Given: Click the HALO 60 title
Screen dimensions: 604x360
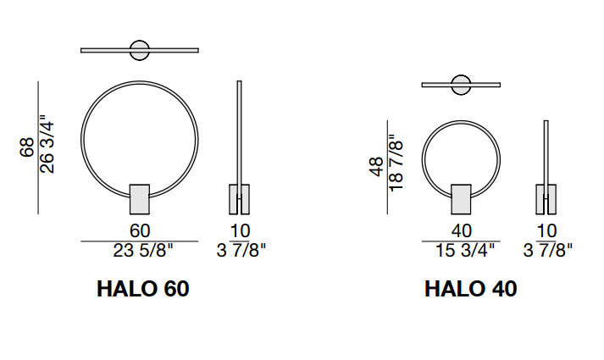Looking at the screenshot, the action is click(x=143, y=289).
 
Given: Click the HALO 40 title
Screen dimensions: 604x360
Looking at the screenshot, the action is click(x=470, y=289).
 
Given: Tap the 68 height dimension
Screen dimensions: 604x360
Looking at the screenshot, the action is click(x=27, y=147).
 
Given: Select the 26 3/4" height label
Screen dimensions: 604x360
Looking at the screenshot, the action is click(x=47, y=143).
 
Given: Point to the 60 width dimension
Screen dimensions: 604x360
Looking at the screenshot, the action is click(x=140, y=231).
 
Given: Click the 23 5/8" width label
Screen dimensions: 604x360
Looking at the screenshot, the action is click(x=143, y=251).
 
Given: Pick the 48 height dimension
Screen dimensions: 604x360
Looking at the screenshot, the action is click(x=377, y=167).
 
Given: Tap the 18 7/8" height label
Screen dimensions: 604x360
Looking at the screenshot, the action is click(x=396, y=163).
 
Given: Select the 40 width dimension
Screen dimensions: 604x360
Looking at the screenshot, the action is click(x=462, y=231).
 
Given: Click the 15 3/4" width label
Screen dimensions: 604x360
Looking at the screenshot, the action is click(x=464, y=251).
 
